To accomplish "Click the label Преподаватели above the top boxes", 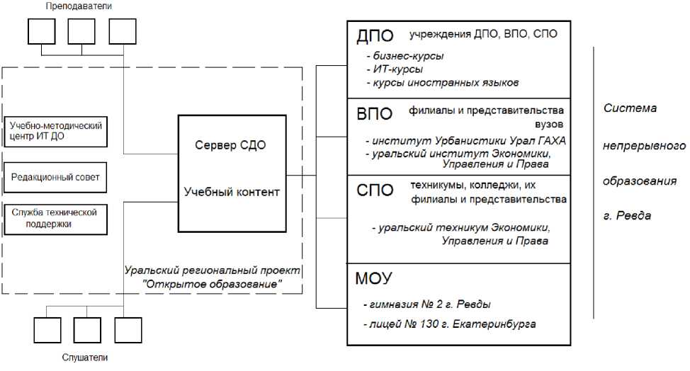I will click(82, 6).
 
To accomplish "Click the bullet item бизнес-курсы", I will click(406, 55).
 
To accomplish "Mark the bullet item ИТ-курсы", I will click(396, 69).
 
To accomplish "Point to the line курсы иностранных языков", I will click(443, 83).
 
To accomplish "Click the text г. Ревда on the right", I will click(627, 216).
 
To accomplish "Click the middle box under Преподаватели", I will click(82, 31).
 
